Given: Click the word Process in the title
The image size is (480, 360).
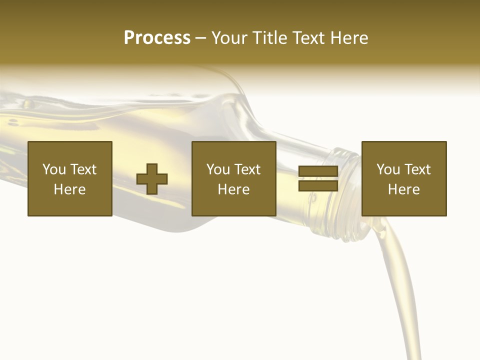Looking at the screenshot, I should (x=157, y=38).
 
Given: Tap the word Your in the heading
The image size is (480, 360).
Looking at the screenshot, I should (x=230, y=38).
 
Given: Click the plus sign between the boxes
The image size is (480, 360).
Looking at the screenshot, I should (x=152, y=179).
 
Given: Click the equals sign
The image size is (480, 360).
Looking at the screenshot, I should (x=318, y=178).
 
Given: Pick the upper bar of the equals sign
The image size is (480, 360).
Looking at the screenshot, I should (x=318, y=171).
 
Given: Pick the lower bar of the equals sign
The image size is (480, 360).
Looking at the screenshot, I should (x=318, y=185).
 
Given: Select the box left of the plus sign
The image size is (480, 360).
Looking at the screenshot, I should (x=70, y=178).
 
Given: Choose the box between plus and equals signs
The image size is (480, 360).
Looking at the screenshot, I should (x=234, y=178).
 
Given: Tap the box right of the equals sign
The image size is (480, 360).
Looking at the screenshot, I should (x=404, y=178).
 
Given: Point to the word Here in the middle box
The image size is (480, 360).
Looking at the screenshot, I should (x=234, y=189).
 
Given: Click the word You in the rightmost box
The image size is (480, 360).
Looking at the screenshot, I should (x=388, y=169).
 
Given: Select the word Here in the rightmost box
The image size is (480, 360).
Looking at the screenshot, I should (x=404, y=189).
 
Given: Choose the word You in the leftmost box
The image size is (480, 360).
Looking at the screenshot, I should (x=54, y=169).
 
